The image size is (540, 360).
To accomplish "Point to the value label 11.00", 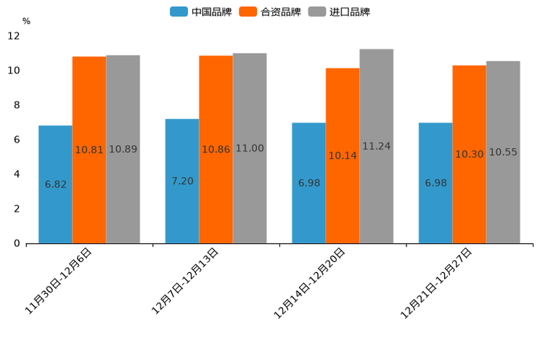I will click(x=250, y=149).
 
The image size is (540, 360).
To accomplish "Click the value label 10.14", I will click(x=343, y=156).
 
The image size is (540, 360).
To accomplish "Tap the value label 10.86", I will click(x=216, y=150).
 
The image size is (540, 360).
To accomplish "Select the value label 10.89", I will click(x=123, y=150).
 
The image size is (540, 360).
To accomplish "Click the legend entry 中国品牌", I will click(x=201, y=12).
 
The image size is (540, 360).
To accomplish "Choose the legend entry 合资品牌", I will click(x=270, y=12).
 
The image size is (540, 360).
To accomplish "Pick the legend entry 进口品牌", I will click(x=339, y=12).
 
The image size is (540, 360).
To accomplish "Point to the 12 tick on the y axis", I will click(x=14, y=36).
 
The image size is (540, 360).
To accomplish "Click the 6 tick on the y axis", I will click(x=17, y=139).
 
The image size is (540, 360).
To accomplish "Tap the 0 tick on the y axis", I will click(x=17, y=243).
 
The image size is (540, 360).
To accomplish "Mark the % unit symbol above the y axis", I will click(x=26, y=21).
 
